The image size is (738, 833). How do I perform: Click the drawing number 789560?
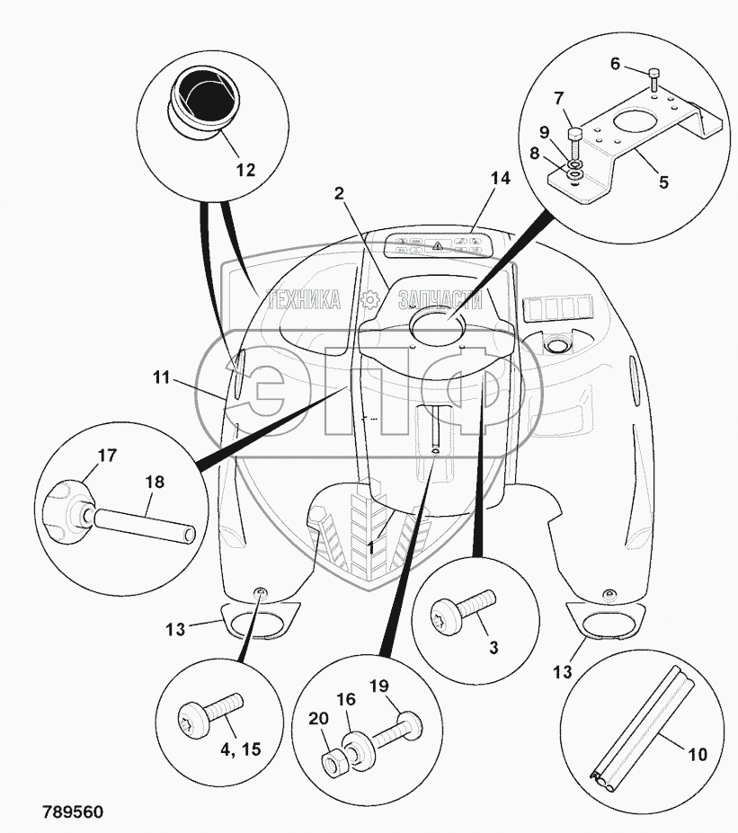tap(72, 812)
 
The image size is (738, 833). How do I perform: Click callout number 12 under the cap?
tap(245, 169)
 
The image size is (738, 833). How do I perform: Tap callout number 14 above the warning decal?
tap(501, 178)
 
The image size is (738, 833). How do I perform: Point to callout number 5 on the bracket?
tap(663, 182)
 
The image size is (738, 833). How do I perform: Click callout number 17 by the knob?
tap(106, 456)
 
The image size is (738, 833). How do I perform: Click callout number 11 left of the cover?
tap(161, 378)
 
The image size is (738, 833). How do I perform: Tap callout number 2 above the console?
tap(340, 192)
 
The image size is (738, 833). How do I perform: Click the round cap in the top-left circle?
tap(204, 102)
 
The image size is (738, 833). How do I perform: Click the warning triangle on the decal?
tap(437, 244)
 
